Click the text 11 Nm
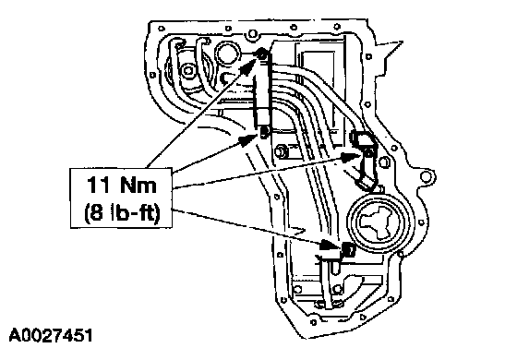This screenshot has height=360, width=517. (x=121, y=185)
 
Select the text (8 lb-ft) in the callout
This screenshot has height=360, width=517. (x=122, y=213)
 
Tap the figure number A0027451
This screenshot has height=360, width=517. (x=51, y=335)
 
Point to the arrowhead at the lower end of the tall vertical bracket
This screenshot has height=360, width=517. (x=247, y=139)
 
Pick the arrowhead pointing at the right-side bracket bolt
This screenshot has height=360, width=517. (x=351, y=157)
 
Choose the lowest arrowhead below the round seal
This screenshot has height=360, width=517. (x=330, y=246)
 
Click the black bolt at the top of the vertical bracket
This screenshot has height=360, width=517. (x=262, y=54)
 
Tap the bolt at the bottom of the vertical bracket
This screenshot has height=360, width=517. (x=264, y=132)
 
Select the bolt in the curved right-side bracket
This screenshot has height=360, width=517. (x=369, y=152)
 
